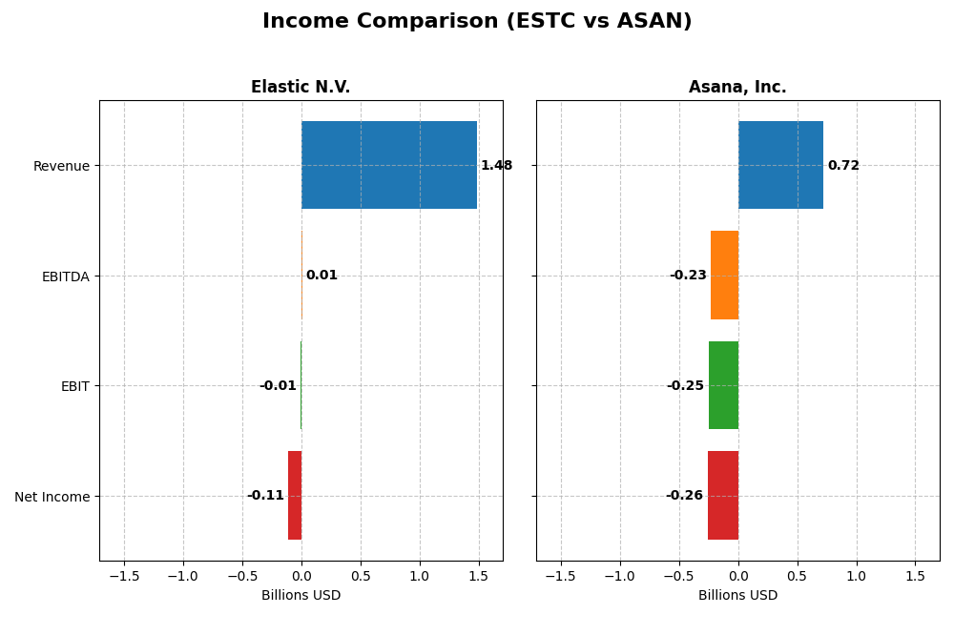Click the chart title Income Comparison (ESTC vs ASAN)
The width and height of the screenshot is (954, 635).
pos(477,21)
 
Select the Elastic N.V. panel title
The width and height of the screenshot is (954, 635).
pos(301,87)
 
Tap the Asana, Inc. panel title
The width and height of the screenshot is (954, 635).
pos(737,87)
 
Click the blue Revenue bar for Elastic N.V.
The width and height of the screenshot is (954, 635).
pos(389,165)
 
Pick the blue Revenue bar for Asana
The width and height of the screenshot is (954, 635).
pos(780,165)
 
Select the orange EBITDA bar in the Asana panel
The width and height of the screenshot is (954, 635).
pos(724,275)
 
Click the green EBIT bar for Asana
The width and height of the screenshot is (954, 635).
pos(723,385)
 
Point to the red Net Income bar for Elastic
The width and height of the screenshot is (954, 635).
pos(295,495)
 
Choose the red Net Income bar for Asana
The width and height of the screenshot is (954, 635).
pos(722,495)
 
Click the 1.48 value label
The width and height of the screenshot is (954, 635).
pos(496,166)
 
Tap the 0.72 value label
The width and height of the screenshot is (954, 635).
pos(843,166)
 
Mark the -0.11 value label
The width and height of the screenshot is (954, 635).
pos(265,496)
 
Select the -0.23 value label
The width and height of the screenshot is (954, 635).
pos(688,276)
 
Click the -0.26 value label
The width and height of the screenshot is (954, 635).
pos(684,496)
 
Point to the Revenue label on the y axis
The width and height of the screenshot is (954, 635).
pos(61,166)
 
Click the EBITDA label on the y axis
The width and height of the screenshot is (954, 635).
pos(65,277)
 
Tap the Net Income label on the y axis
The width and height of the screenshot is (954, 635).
pos(52,497)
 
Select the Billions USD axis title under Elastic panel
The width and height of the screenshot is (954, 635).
pos(301,596)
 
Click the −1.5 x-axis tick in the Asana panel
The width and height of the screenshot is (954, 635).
pos(560,577)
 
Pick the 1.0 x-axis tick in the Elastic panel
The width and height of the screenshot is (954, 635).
pos(419,577)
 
